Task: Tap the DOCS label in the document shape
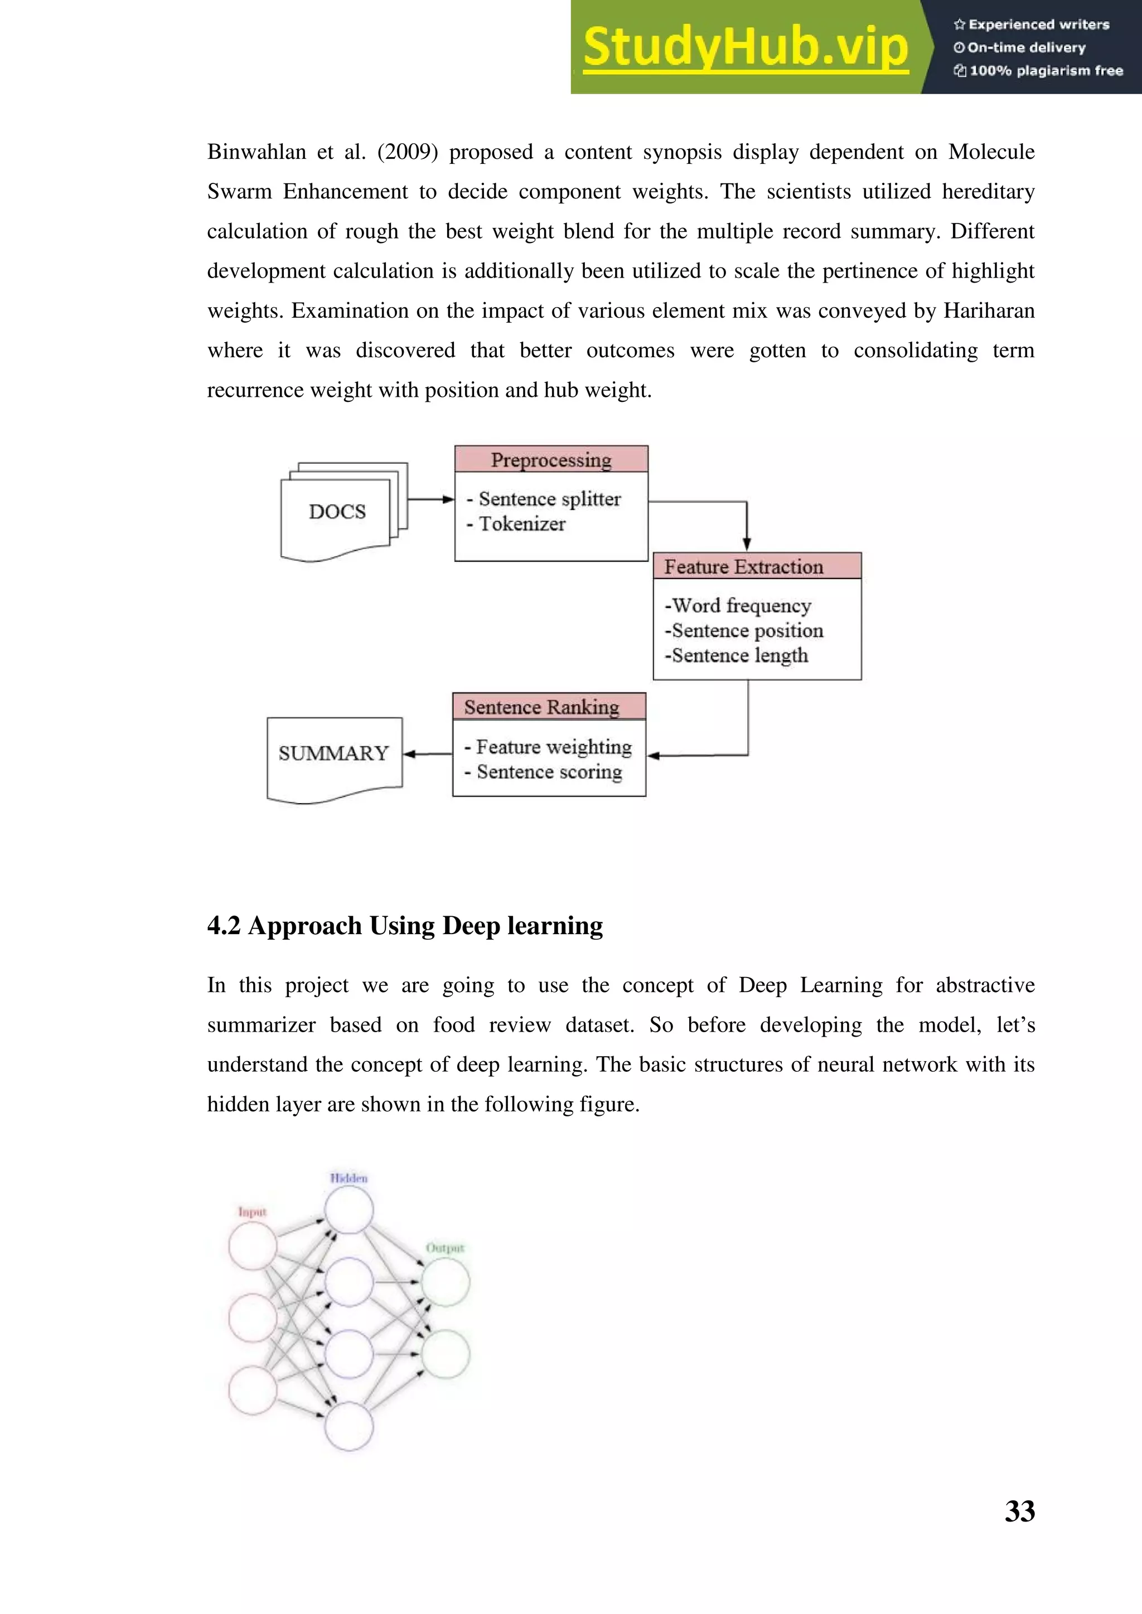coord(337,512)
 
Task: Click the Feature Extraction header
coord(743,567)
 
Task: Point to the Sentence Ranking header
coord(541,707)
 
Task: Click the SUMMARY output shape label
coord(333,753)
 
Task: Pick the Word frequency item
coord(741,606)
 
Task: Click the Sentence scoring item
coord(549,772)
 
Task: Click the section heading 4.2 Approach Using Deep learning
coord(405,926)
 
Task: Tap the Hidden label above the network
coord(349,1178)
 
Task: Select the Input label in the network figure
coord(253,1212)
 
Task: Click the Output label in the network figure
coord(445,1248)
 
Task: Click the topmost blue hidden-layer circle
coord(349,1209)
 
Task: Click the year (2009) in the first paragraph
coord(407,152)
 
